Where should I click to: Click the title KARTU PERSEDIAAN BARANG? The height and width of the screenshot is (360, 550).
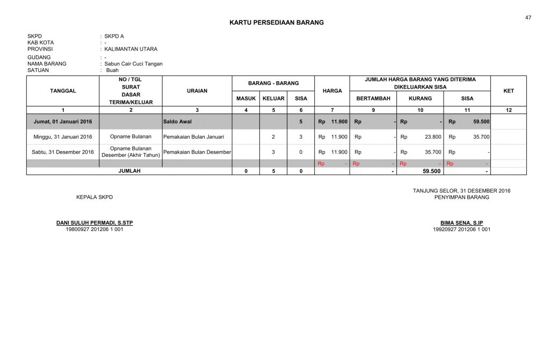coord(277,23)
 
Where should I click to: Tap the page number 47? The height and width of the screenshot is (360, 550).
coord(529,18)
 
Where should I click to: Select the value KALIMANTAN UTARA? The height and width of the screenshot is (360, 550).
coord(131,49)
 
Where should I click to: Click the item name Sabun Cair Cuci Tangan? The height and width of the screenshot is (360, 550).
coord(133,63)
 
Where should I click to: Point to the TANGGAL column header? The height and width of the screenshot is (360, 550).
coord(63,91)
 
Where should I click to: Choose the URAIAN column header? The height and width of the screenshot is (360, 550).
coord(197,91)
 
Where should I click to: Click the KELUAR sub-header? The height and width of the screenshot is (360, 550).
coord(273,98)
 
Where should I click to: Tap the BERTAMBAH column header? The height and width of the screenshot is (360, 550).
coord(373,98)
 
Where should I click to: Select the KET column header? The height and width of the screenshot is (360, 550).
coord(509,91)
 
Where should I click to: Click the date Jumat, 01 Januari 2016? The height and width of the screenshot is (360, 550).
coord(63,121)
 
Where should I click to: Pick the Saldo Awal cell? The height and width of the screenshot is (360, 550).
coord(177,121)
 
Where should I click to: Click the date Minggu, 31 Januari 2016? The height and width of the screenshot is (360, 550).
coord(63,136)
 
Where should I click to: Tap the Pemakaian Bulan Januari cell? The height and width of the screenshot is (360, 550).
coord(197,136)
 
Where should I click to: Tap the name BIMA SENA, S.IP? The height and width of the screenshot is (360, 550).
coord(461,223)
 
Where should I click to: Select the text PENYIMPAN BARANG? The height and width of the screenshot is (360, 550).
coord(461,197)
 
